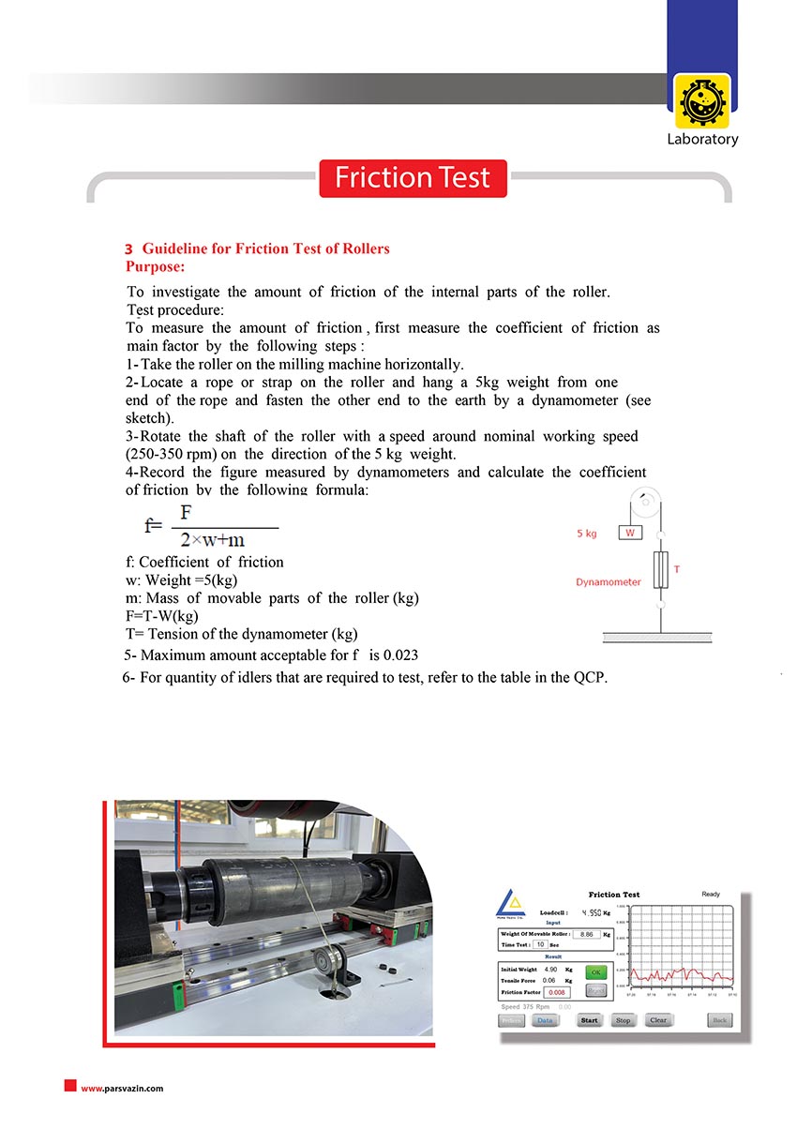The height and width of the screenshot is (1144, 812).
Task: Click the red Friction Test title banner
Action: coord(413,178)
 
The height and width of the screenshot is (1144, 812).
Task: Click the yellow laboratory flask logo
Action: coord(701,101)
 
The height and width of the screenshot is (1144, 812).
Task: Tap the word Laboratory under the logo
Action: coord(702,140)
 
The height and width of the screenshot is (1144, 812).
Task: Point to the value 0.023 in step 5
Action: coord(399,655)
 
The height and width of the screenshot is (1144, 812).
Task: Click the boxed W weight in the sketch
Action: coord(630,533)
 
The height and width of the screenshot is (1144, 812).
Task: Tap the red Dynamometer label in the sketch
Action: coord(609,582)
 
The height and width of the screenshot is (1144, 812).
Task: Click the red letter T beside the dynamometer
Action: coord(677,569)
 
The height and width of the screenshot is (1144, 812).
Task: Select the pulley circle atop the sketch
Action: coord(644,502)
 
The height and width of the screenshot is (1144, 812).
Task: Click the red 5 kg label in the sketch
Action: coord(587,534)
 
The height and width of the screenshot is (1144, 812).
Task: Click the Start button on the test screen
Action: coord(589,1020)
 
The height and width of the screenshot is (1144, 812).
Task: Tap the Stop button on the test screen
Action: coord(623,1020)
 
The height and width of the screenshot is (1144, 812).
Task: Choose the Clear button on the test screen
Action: coord(658,1020)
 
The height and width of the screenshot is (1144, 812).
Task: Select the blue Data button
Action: coord(545,1020)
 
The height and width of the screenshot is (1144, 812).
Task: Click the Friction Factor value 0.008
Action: coord(557,991)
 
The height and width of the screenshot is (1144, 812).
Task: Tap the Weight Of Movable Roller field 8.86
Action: coord(587,934)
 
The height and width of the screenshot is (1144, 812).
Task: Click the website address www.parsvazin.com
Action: coord(122,1089)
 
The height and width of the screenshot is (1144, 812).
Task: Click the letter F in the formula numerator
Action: coord(187,513)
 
